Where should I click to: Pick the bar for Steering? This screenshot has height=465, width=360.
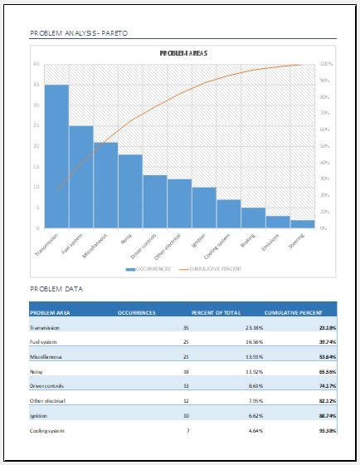303,223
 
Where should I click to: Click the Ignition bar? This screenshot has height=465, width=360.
204,207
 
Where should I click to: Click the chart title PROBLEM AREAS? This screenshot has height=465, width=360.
183,53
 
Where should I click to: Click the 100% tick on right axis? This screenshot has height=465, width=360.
326,64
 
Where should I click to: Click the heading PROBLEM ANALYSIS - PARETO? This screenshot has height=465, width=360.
79,33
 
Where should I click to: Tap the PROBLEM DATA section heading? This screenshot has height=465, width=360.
56,289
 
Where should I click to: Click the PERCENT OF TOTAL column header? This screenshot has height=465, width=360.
216,312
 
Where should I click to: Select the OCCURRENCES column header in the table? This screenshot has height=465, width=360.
137,312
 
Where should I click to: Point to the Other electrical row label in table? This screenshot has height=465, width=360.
46,400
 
